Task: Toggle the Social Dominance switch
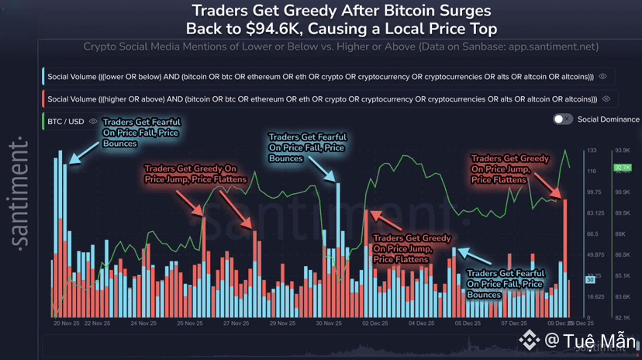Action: pyautogui.click(x=563, y=119)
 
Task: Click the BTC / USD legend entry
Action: pyautogui.click(x=65, y=122)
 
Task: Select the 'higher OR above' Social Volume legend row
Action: pyautogui.click(x=322, y=99)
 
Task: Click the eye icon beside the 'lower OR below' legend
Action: pyautogui.click(x=603, y=77)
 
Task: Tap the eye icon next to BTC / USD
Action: pyautogui.click(x=94, y=122)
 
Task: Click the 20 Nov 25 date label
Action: pyautogui.click(x=68, y=323)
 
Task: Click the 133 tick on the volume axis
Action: pyautogui.click(x=591, y=150)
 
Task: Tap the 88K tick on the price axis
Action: pyautogui.click(x=620, y=234)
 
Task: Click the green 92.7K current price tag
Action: pyautogui.click(x=621, y=167)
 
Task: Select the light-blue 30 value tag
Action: pyautogui.click(x=589, y=279)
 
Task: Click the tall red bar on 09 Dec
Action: pyautogui.click(x=566, y=256)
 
